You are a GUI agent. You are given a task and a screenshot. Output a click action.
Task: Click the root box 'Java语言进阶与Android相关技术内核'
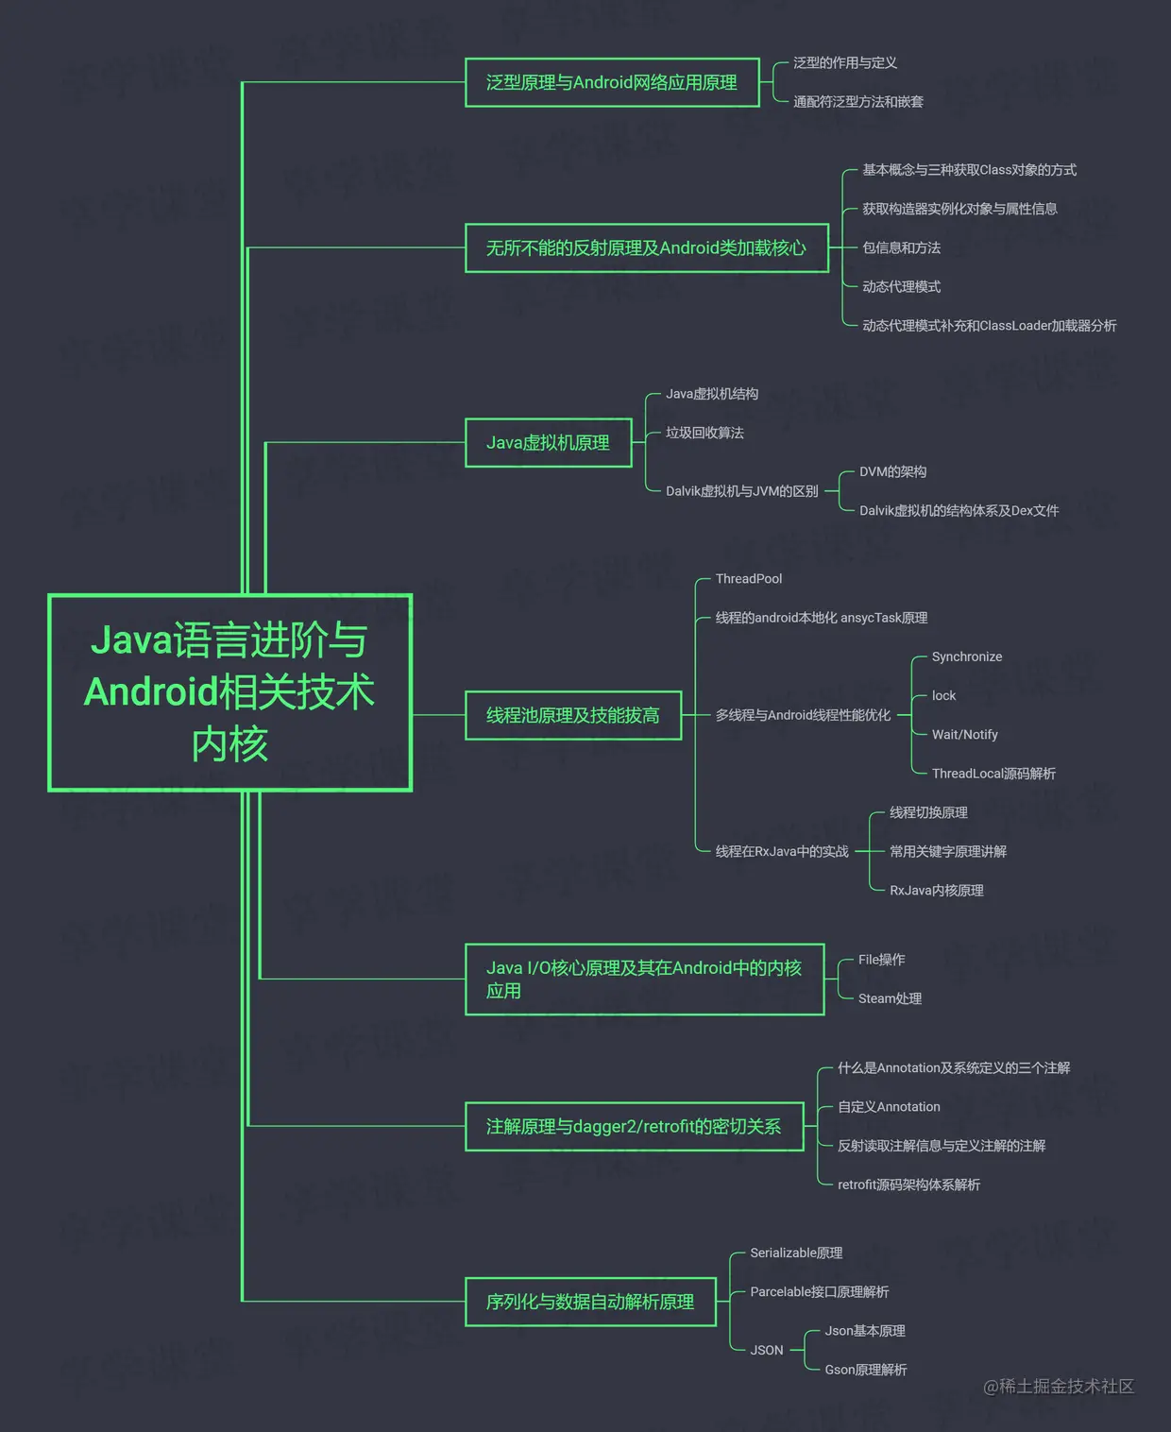(x=229, y=692)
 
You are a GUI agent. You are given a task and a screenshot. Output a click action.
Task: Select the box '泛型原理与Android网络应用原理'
(x=612, y=83)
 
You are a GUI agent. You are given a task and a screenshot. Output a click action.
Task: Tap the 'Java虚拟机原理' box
(x=548, y=443)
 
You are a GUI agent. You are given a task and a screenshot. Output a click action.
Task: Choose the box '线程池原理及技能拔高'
(x=572, y=716)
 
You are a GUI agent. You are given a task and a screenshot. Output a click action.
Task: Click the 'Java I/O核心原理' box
(x=644, y=980)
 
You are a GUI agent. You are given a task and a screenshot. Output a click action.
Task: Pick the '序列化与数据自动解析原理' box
(x=590, y=1303)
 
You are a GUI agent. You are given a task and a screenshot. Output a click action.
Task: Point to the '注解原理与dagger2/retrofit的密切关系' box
(x=634, y=1127)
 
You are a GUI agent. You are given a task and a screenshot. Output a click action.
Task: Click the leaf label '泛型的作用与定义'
(x=845, y=63)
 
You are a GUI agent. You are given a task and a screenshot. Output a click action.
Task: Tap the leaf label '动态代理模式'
(x=901, y=287)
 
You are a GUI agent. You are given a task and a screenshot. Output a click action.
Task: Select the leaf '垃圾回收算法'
(x=704, y=434)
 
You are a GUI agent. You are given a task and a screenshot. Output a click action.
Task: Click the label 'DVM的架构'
(x=892, y=472)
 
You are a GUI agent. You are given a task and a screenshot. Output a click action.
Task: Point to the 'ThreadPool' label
(x=749, y=579)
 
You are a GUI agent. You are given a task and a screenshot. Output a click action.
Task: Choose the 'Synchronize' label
(x=967, y=657)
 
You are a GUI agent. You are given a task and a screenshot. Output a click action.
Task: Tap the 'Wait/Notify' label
(x=964, y=735)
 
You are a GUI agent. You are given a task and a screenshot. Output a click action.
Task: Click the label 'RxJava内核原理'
(x=936, y=891)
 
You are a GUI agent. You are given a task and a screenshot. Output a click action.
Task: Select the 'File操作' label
(x=881, y=960)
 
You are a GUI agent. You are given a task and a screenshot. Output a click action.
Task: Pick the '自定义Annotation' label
(x=889, y=1107)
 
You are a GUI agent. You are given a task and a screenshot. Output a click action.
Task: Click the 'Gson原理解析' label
(x=865, y=1370)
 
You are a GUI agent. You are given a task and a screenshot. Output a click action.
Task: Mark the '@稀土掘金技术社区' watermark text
(x=1058, y=1387)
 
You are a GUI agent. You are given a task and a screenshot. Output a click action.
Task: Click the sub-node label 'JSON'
(x=767, y=1351)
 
